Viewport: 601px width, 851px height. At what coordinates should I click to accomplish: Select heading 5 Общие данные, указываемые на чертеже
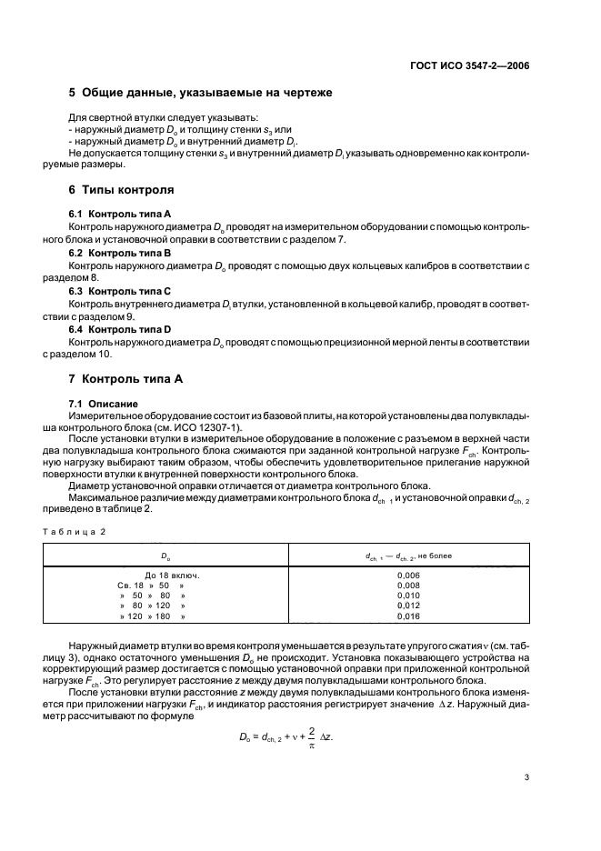(200, 94)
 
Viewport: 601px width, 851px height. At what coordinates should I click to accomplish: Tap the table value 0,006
(409, 576)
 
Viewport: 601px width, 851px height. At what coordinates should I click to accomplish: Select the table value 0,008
(409, 586)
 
